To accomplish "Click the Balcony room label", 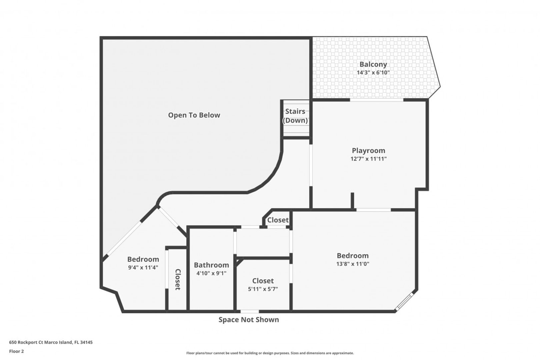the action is click(x=373, y=64).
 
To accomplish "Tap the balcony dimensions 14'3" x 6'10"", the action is click(x=373, y=72).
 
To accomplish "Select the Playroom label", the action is click(x=368, y=150).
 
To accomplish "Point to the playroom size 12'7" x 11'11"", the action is click(x=368, y=159).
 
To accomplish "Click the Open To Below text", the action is click(x=194, y=115).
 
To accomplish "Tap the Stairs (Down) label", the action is click(x=295, y=116).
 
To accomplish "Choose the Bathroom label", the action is click(x=211, y=265).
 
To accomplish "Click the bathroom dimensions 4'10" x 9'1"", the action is click(x=211, y=273).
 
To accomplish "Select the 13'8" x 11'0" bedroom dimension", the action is click(x=353, y=264).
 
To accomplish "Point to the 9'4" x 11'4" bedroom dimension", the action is click(x=143, y=267).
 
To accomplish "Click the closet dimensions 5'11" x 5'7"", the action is click(x=263, y=289).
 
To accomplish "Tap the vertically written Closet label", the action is click(x=178, y=279).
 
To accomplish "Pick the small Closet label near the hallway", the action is click(x=278, y=220).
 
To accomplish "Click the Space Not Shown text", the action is click(x=249, y=320).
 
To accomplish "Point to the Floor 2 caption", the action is click(x=16, y=351).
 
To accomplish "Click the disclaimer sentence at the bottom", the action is click(x=270, y=353).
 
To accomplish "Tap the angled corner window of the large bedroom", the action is click(x=405, y=302).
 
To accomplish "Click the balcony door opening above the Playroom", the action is click(x=377, y=100).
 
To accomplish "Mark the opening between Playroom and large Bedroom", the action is click(x=373, y=210).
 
